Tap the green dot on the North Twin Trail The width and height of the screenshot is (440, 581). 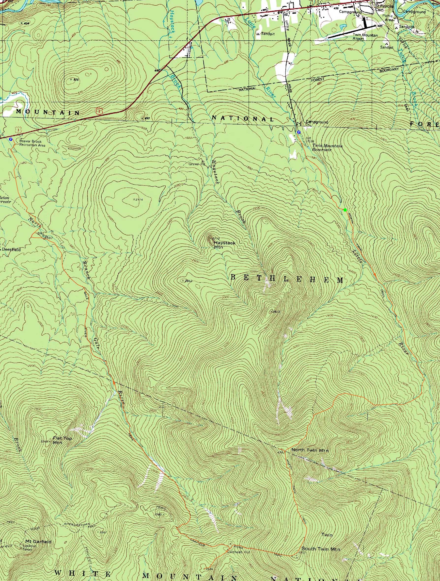pos(345,210)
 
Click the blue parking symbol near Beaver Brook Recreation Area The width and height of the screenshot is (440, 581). pos(11,139)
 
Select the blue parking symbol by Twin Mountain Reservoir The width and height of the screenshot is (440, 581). pos(299,132)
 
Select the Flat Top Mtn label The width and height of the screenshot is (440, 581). pos(62,418)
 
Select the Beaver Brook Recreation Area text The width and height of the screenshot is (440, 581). pos(32,143)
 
